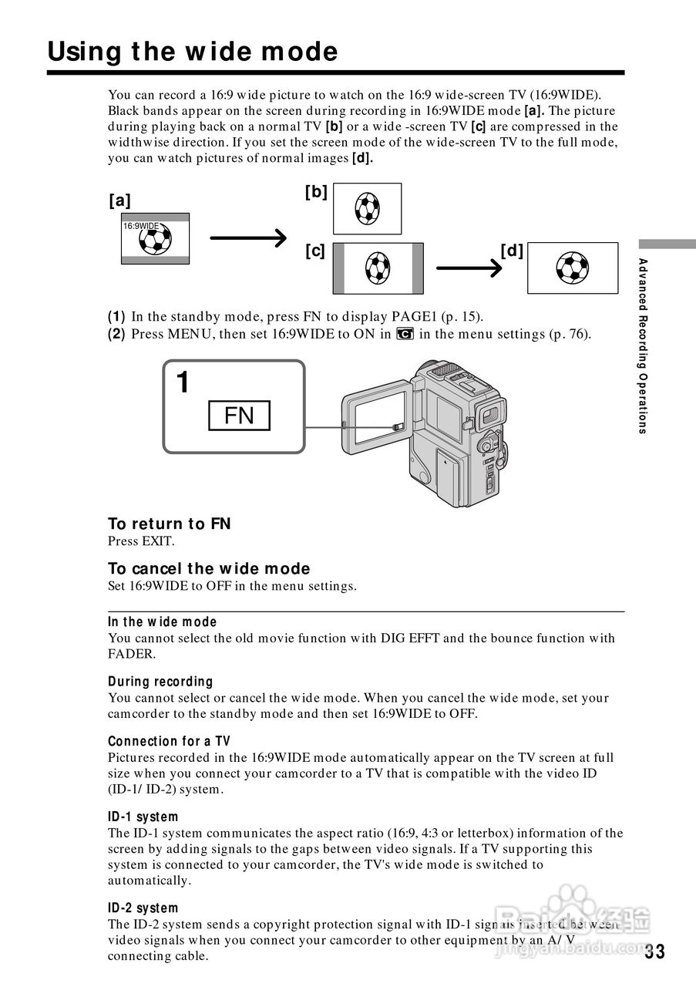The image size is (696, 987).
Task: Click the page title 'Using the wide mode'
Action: (x=193, y=52)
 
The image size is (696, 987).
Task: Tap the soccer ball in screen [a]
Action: (x=156, y=240)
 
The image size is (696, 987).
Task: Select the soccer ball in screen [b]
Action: (x=368, y=208)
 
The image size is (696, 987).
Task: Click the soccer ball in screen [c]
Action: (x=378, y=268)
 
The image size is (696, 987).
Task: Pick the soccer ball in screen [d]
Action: (x=572, y=268)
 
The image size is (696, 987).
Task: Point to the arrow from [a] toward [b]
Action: (x=248, y=239)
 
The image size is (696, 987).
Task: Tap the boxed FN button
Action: (x=239, y=416)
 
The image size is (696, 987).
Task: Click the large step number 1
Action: (x=183, y=382)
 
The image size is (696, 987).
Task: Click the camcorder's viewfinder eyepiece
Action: (x=487, y=416)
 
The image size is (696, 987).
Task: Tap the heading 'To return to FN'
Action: (x=170, y=524)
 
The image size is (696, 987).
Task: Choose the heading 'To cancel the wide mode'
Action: (x=209, y=569)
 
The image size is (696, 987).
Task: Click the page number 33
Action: (x=654, y=952)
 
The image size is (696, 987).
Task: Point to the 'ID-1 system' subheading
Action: (x=143, y=817)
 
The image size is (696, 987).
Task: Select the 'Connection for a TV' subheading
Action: (x=169, y=742)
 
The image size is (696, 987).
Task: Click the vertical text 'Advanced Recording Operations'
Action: (x=643, y=347)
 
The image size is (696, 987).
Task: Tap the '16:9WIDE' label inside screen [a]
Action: (x=140, y=227)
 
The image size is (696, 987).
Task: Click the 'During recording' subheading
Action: (x=160, y=682)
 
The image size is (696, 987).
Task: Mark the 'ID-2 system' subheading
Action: (x=143, y=908)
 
